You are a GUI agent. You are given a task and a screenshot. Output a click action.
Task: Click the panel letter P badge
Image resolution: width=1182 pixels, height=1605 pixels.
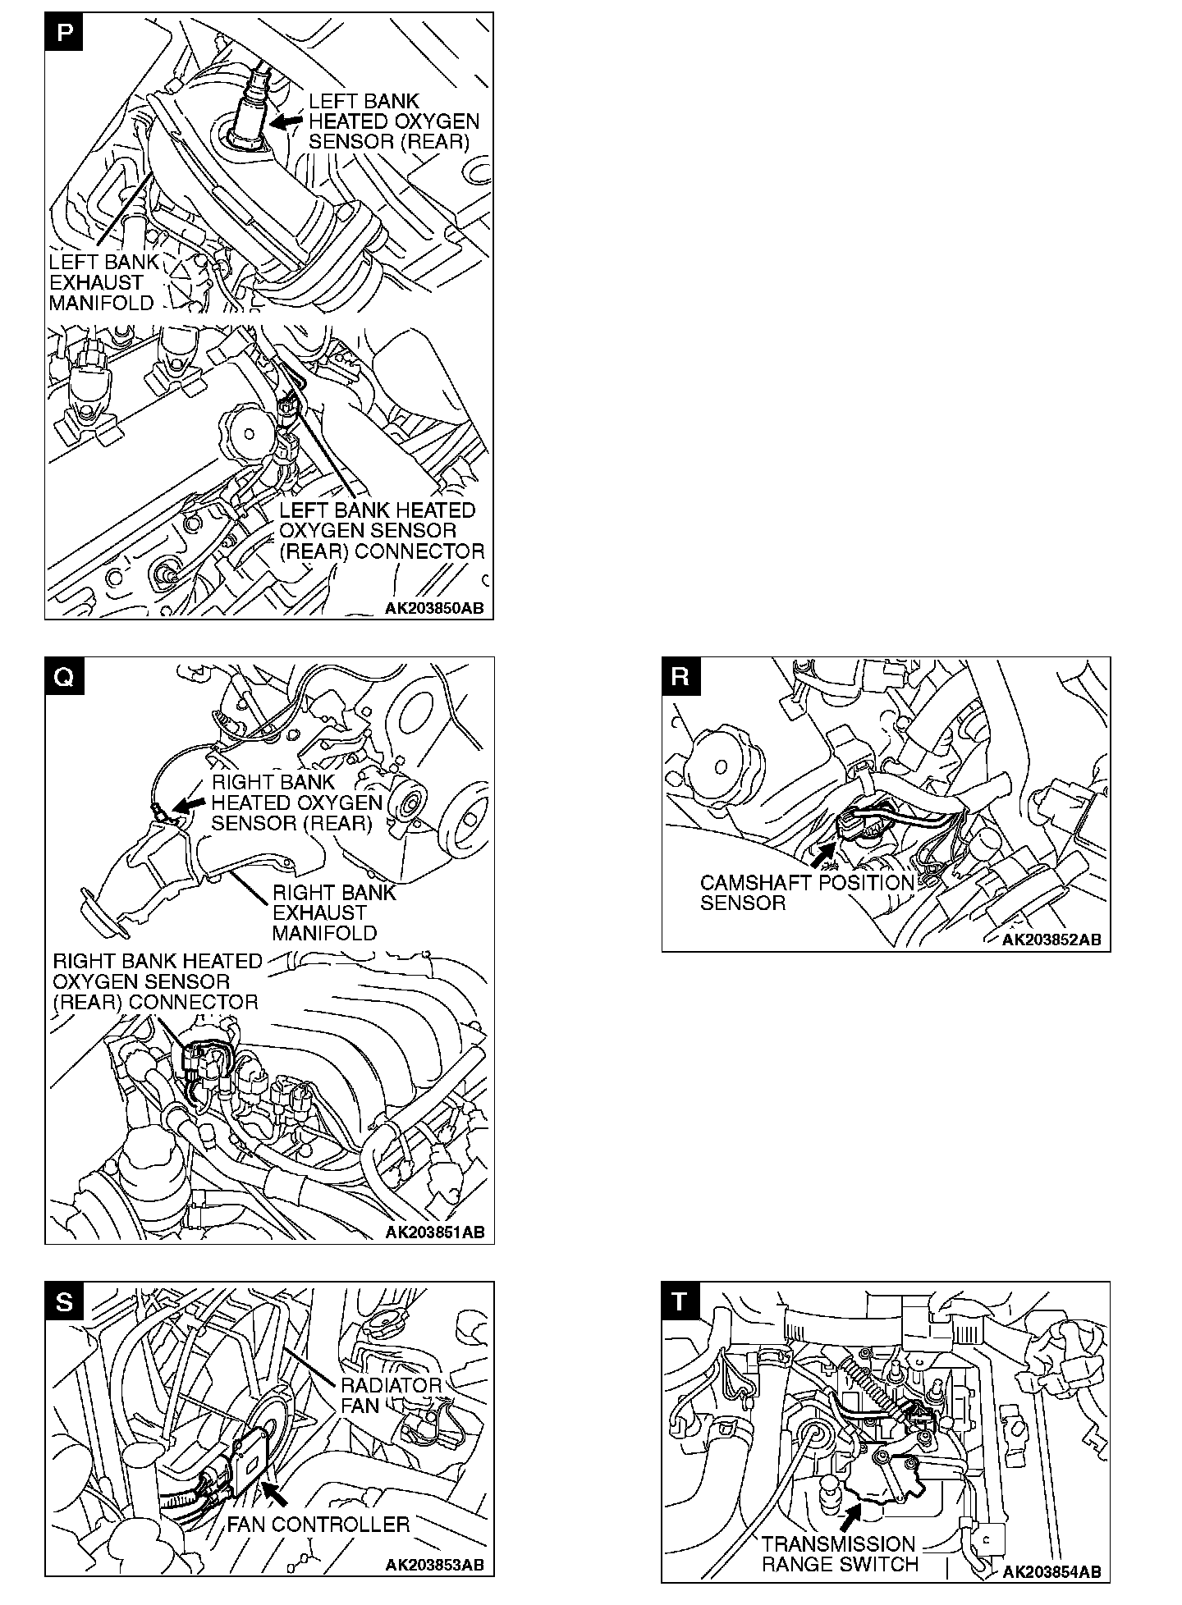[64, 32]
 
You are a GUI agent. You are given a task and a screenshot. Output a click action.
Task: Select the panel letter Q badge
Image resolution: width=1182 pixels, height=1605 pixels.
[64, 677]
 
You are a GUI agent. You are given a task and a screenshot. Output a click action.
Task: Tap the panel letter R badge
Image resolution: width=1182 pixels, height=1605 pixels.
[680, 677]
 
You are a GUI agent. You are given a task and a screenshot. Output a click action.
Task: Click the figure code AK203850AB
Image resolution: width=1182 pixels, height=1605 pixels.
[434, 609]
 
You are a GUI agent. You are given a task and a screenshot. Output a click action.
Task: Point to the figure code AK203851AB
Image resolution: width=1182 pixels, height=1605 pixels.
[434, 1232]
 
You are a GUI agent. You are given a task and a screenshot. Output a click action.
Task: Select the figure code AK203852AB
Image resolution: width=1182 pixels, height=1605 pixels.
[1051, 940]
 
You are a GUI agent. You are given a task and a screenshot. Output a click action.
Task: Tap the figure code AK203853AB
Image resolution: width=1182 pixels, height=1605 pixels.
[434, 1565]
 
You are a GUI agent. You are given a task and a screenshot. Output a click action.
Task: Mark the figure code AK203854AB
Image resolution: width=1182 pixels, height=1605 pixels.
[1051, 1571]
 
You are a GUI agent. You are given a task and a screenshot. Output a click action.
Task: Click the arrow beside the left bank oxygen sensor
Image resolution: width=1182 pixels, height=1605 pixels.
[286, 121]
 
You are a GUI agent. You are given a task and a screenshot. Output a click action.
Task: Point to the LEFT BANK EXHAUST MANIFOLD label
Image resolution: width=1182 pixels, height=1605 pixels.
[103, 282]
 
